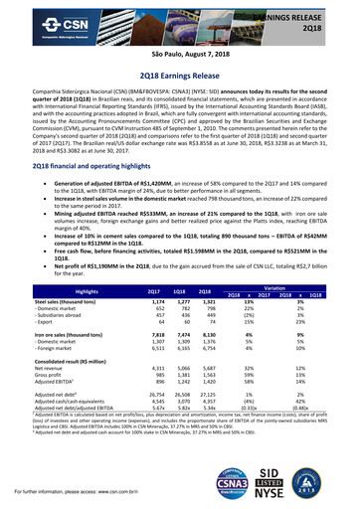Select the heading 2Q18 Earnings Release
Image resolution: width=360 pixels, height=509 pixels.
(x=180, y=73)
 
